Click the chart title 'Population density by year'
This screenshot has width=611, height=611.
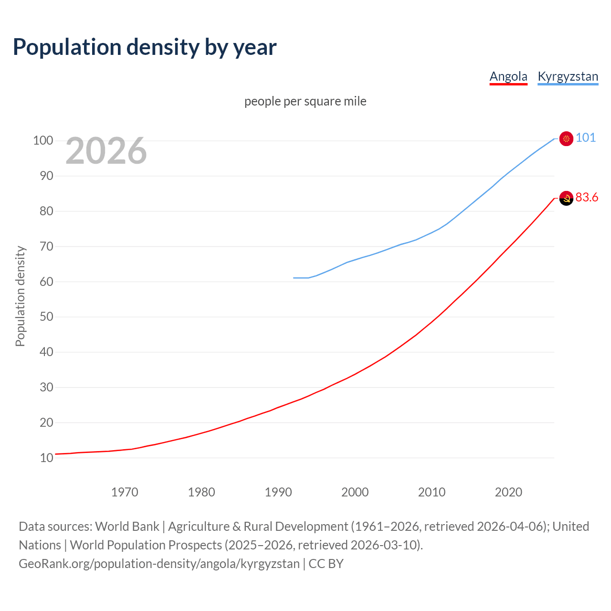click(145, 47)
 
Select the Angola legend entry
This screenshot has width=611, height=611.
click(508, 76)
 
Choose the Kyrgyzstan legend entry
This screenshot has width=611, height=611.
click(568, 76)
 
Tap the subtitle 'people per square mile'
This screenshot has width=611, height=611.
click(305, 101)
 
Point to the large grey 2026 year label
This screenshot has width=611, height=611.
click(106, 151)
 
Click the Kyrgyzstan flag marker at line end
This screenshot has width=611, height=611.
click(566, 138)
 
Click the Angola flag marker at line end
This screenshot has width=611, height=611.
click(566, 198)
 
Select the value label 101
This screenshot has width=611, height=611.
click(586, 138)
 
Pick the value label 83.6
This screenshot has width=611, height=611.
click(587, 198)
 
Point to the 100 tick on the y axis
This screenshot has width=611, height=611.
click(42, 141)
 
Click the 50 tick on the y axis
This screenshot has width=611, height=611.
click(46, 317)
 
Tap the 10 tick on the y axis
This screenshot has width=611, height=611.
click(46, 458)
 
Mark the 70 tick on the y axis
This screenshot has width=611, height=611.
click(46, 247)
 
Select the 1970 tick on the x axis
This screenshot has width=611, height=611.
click(125, 492)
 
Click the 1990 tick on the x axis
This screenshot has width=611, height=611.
click(278, 492)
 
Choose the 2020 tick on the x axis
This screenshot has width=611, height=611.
click(508, 492)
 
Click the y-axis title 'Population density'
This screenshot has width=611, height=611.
click(20, 296)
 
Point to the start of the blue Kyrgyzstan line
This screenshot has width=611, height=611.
click(294, 278)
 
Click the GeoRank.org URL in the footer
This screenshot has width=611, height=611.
click(159, 564)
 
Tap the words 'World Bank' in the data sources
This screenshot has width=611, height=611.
click(127, 527)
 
